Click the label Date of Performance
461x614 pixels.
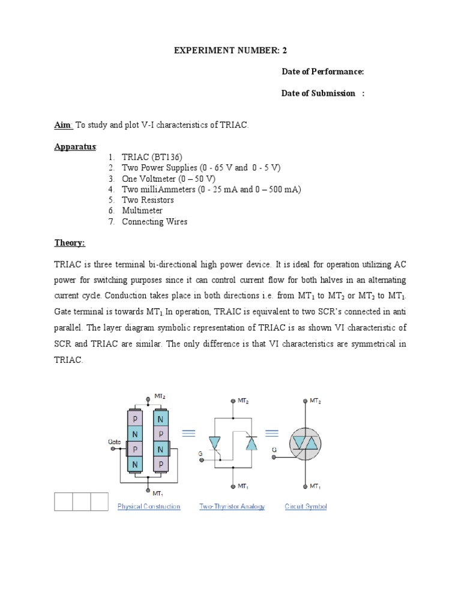pos(323,72)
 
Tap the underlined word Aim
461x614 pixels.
pos(63,125)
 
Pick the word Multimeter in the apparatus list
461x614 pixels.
pos(142,211)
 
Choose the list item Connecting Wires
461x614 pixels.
pos(154,222)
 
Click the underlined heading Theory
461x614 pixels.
pos(70,243)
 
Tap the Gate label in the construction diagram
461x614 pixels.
pos(115,441)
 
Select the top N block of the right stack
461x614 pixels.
pos(160,419)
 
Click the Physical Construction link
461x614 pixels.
pos(149,507)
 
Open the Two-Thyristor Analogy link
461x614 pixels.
pos(232,507)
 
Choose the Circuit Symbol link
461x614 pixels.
pos(306,507)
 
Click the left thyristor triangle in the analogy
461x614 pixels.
pos(214,443)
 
